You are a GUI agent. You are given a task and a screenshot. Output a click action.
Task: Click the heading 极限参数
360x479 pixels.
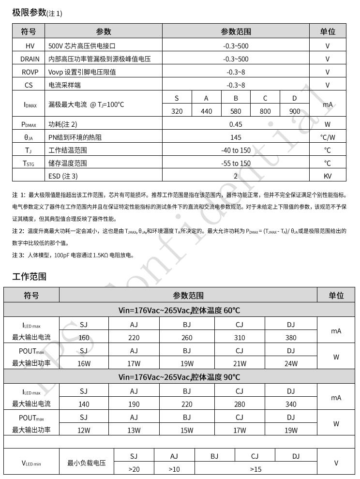pyautogui.click(x=29, y=13)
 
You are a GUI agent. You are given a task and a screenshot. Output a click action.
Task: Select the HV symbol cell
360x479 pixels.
pyautogui.click(x=29, y=46)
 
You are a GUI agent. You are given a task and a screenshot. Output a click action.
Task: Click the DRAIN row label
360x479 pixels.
pyautogui.click(x=29, y=59)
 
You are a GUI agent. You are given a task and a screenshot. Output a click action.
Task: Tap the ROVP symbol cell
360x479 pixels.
pyautogui.click(x=29, y=72)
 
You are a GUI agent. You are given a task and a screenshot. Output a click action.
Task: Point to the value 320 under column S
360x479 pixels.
pyautogui.click(x=177, y=111)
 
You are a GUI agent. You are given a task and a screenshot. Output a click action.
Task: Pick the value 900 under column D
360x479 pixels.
pyautogui.click(x=294, y=111)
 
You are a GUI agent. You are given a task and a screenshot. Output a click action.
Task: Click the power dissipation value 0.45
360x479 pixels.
pyautogui.click(x=236, y=124)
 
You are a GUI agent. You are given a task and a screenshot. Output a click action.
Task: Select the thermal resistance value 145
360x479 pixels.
pyautogui.click(x=236, y=137)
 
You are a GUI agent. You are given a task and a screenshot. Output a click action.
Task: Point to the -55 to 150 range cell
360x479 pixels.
pyautogui.click(x=236, y=164)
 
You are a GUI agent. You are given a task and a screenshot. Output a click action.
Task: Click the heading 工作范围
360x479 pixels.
pyautogui.click(x=29, y=277)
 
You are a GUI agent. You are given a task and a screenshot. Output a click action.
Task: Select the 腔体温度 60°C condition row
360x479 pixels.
pyautogui.click(x=179, y=310)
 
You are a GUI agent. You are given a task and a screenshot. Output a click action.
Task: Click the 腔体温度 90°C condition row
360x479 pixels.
pyautogui.click(x=179, y=377)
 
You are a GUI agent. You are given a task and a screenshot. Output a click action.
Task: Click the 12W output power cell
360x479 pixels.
pyautogui.click(x=84, y=430)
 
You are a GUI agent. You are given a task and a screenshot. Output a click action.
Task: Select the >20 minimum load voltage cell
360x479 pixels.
pyautogui.click(x=134, y=469)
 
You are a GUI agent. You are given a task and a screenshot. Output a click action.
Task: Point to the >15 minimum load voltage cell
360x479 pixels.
pyautogui.click(x=255, y=469)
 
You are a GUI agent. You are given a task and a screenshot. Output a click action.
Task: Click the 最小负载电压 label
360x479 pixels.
pyautogui.click(x=86, y=463)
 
